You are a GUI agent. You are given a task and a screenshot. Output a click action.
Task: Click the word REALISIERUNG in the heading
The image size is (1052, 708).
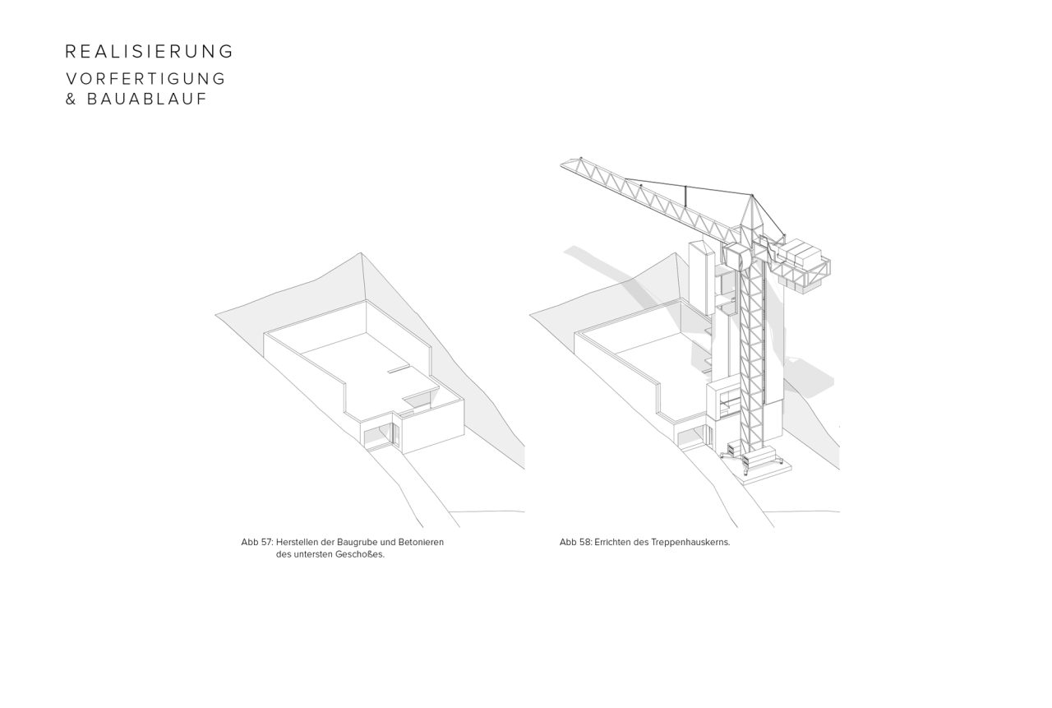[x=149, y=51]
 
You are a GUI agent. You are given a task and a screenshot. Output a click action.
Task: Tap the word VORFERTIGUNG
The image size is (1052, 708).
[x=146, y=79]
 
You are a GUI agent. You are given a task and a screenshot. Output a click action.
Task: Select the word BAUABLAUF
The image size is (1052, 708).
[x=147, y=99]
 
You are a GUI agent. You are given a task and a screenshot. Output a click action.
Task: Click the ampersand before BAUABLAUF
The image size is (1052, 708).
[x=71, y=99]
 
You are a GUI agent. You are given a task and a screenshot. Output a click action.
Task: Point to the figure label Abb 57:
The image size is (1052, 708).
[x=257, y=542]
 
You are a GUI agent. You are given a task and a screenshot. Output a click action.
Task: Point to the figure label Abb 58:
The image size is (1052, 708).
[x=575, y=542]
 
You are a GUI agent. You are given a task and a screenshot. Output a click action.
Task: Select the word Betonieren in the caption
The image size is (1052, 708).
[x=421, y=542]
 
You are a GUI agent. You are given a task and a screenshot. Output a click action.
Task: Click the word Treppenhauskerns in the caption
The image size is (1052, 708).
[x=690, y=542]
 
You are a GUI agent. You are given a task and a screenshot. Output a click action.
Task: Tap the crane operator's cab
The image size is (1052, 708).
[x=735, y=256]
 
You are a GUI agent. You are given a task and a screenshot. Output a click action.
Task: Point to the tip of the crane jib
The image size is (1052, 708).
[x=561, y=165]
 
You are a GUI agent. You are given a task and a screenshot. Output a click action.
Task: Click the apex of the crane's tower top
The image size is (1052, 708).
[x=751, y=195]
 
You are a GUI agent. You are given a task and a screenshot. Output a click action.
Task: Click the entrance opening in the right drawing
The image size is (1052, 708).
[x=691, y=436]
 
